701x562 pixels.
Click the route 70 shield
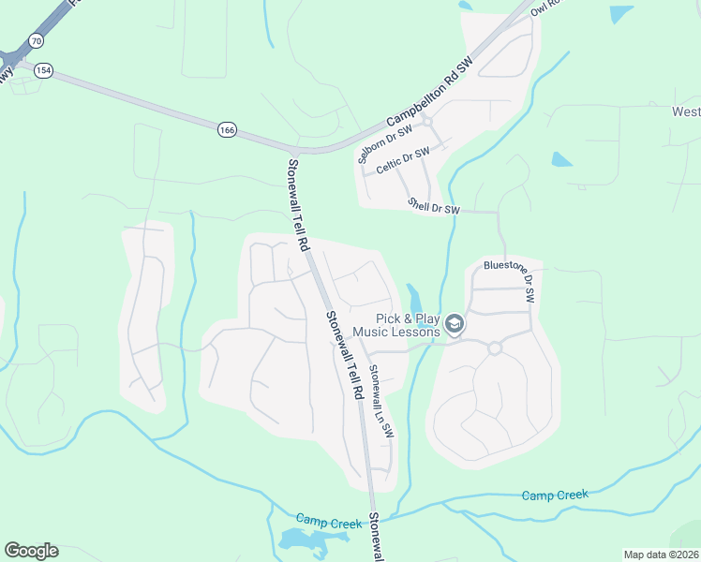(x=36, y=41)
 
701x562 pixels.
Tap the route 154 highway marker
(x=43, y=70)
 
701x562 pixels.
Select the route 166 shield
(x=227, y=129)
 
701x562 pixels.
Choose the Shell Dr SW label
(x=435, y=205)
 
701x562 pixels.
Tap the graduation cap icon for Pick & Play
(x=455, y=324)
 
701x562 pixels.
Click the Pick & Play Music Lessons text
(x=408, y=325)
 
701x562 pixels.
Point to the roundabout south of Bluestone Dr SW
(x=495, y=348)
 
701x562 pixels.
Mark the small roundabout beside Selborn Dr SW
(x=426, y=121)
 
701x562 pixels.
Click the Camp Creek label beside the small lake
(x=329, y=521)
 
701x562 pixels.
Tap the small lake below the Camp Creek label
(x=304, y=540)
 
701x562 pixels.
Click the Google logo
(x=31, y=551)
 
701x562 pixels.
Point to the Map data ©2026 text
(x=661, y=555)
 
